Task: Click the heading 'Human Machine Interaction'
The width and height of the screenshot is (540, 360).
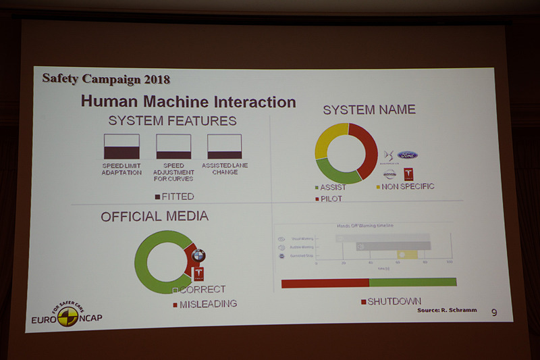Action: (188, 102)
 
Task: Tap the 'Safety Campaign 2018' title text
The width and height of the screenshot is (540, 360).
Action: (106, 78)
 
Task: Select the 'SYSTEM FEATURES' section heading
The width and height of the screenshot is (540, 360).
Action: (172, 122)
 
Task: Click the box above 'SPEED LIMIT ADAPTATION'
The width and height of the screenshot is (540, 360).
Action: (122, 147)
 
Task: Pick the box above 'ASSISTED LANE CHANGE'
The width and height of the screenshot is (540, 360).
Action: (224, 147)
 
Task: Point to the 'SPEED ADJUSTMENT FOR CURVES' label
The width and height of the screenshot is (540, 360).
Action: (173, 172)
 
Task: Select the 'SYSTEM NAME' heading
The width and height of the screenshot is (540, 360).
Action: (369, 109)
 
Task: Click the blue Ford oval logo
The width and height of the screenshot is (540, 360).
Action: (407, 155)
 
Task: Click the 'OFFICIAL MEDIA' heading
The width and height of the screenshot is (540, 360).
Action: (154, 217)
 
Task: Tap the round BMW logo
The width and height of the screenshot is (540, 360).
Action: (198, 255)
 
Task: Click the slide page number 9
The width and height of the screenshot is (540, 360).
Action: (494, 312)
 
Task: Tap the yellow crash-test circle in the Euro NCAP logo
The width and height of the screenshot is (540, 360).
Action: (67, 316)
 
